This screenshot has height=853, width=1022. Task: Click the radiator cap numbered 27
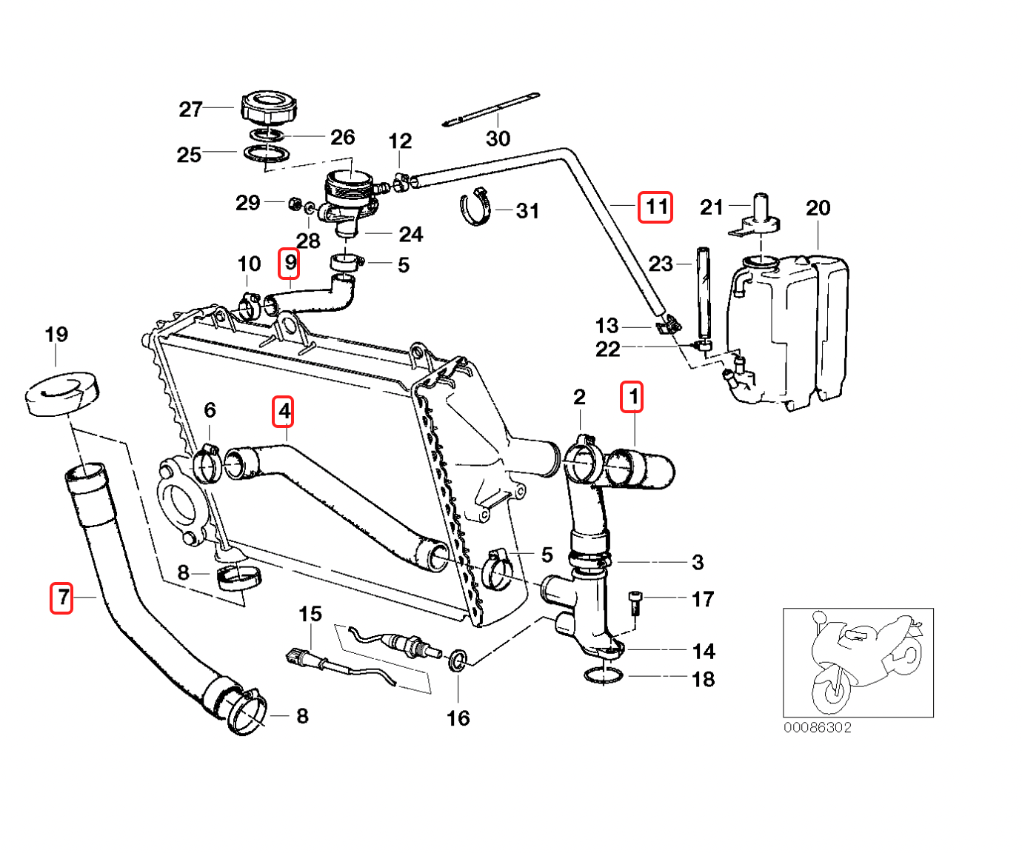tap(267, 110)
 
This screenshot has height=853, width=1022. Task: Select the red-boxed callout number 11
tap(656, 207)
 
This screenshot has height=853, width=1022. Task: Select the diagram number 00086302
tap(818, 727)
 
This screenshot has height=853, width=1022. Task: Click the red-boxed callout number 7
tap(62, 598)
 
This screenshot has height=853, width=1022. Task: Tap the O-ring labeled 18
tap(604, 675)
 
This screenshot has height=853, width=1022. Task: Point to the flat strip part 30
tap(491, 109)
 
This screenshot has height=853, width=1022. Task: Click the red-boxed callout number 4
tap(284, 412)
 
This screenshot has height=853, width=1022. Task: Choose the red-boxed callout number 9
tap(290, 263)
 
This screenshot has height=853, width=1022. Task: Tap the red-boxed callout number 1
tap(632, 397)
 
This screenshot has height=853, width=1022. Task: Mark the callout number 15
tap(310, 614)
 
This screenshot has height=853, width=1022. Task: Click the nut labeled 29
tap(293, 202)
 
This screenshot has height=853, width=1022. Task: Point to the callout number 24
tap(410, 235)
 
